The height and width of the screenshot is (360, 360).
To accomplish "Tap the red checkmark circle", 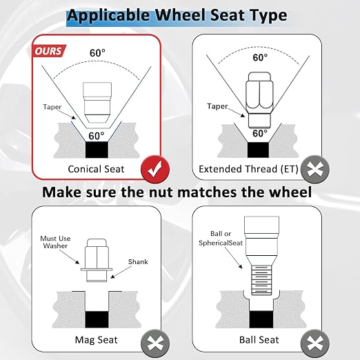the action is [155, 170].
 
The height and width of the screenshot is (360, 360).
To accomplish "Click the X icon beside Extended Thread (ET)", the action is [315, 170].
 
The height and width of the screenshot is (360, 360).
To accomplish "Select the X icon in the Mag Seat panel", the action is [155, 343].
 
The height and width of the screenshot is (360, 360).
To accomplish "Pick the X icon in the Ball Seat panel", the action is [315, 343].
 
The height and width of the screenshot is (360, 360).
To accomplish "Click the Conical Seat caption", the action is [96, 169].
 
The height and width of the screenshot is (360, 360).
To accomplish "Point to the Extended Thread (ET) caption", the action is [248, 169].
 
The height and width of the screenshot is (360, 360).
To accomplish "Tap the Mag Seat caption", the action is [96, 340].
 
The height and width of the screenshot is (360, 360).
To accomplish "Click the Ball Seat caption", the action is [259, 340].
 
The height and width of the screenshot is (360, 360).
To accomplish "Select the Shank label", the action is [138, 261].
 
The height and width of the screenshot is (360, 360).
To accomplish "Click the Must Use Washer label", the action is [55, 242].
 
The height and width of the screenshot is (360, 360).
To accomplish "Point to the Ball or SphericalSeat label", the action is [221, 238].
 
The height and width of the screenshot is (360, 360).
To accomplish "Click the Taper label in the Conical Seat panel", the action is [52, 107].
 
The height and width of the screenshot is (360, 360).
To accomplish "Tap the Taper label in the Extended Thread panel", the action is [217, 106].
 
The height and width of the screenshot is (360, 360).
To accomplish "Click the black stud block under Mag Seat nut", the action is [97, 319].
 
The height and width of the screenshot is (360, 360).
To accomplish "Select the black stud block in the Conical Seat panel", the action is [97, 150].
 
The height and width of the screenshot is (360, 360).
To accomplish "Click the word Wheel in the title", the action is [181, 15].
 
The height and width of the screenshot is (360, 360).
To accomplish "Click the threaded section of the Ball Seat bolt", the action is [261, 280].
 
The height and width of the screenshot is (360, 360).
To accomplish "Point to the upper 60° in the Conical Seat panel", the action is [97, 53].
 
